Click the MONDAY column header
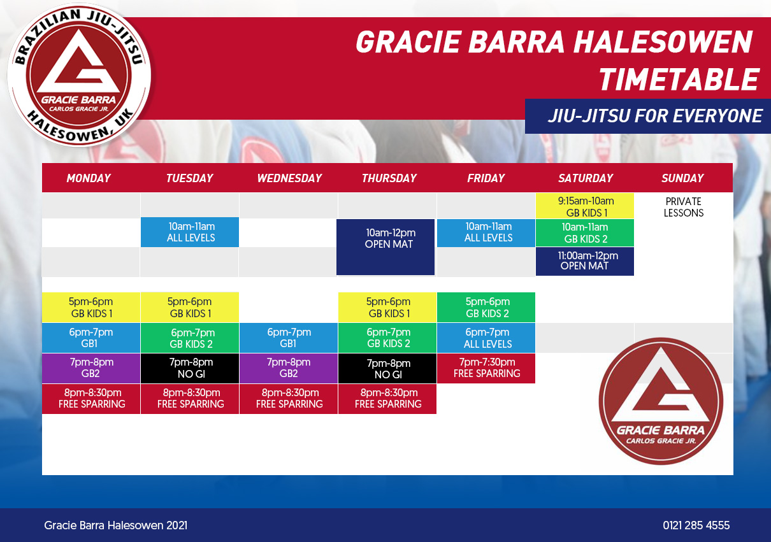click(89, 178)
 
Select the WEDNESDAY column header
click(289, 178)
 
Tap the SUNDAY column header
click(682, 178)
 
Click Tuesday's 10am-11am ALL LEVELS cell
click(190, 232)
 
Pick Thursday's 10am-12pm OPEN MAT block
click(385, 247)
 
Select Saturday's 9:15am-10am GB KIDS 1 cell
click(585, 206)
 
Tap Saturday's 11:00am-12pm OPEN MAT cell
click(585, 261)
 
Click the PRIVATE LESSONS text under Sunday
click(684, 207)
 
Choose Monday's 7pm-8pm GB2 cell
click(91, 368)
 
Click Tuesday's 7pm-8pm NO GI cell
click(190, 368)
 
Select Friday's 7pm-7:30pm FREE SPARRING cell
click(486, 368)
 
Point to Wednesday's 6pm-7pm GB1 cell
click(289, 338)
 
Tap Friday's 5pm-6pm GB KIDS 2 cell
click(486, 308)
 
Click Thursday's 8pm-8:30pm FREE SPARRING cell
click(387, 399)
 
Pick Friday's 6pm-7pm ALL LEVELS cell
click(486, 338)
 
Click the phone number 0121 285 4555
click(696, 525)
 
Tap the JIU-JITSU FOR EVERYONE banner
click(648, 117)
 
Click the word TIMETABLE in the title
click(679, 79)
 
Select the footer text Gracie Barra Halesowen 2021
click(116, 525)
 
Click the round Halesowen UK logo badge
click(79, 75)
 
